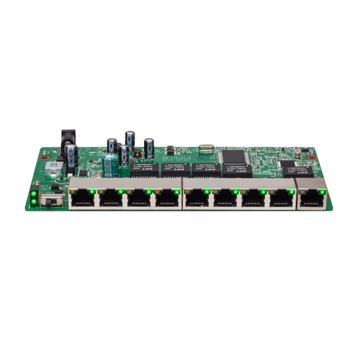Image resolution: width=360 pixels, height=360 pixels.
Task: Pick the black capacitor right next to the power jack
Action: tap(71, 157)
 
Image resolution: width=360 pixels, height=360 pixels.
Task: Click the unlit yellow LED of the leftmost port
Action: tap(73, 191)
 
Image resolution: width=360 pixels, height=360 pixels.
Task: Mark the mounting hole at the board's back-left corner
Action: tap(45, 157)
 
